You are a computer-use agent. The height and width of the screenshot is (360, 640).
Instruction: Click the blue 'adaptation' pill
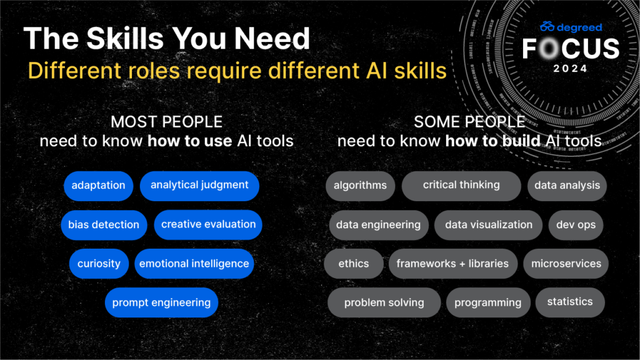tap(98, 186)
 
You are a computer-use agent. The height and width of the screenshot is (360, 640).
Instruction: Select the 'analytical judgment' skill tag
tap(199, 186)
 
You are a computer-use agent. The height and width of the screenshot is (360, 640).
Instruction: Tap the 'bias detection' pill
tap(104, 225)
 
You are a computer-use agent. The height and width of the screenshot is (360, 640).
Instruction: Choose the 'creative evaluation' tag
tap(208, 224)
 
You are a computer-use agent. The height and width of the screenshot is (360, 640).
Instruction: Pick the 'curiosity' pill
tap(99, 264)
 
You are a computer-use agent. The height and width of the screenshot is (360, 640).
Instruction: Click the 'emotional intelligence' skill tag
tap(194, 264)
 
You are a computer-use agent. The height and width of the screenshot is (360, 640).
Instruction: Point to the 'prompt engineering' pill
tap(161, 302)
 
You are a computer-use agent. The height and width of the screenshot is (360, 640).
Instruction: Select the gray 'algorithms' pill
tap(360, 186)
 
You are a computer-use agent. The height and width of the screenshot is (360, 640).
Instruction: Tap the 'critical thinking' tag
tap(461, 186)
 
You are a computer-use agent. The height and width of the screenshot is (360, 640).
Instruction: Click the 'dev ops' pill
tap(576, 225)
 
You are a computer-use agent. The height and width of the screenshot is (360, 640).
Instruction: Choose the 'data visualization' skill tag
tap(489, 225)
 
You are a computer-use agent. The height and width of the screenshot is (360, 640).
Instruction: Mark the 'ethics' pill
tap(354, 264)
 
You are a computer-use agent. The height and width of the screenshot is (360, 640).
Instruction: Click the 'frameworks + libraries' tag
tap(452, 264)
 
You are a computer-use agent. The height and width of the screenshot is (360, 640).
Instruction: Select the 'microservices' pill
tap(566, 264)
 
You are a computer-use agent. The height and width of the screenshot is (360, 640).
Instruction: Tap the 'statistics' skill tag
tap(570, 302)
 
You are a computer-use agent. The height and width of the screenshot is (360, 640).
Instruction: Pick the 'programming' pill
tap(487, 302)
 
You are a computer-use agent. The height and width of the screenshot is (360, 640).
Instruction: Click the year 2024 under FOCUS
tap(570, 69)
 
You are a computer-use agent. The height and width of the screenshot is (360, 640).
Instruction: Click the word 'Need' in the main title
tap(272, 38)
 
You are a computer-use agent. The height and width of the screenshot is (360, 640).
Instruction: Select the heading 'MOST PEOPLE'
tap(166, 122)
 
